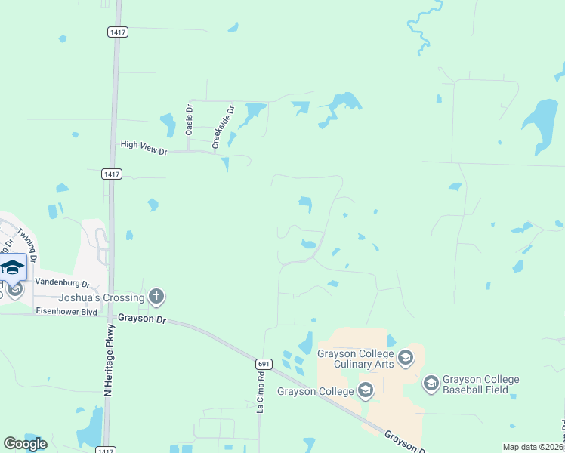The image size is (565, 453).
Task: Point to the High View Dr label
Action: (143, 147)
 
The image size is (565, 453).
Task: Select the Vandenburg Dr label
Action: (63, 285)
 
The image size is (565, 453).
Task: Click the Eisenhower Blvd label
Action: (66, 311)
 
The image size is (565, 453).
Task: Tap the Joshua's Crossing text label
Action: (102, 297)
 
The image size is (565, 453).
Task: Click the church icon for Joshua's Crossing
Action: (156, 296)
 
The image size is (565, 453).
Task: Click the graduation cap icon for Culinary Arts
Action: (406, 356)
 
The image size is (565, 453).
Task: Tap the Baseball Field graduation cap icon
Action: (431, 384)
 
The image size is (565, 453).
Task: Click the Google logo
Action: (26, 444)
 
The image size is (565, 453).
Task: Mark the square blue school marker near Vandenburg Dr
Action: (13, 267)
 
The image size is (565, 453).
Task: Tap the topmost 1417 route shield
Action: (117, 32)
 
